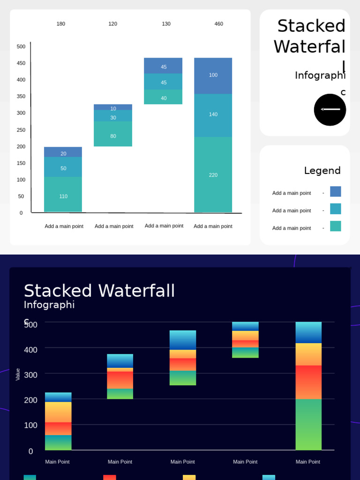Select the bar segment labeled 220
213,174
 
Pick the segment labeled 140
213,115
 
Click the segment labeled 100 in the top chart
213,75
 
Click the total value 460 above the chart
218,24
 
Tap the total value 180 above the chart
61,24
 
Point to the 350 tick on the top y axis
21,97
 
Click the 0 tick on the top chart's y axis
21,213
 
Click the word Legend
322,171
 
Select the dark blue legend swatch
335,191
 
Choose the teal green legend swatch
335,226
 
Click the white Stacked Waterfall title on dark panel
99,291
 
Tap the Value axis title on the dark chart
18,374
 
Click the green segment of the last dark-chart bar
308,424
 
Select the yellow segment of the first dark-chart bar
58,412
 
